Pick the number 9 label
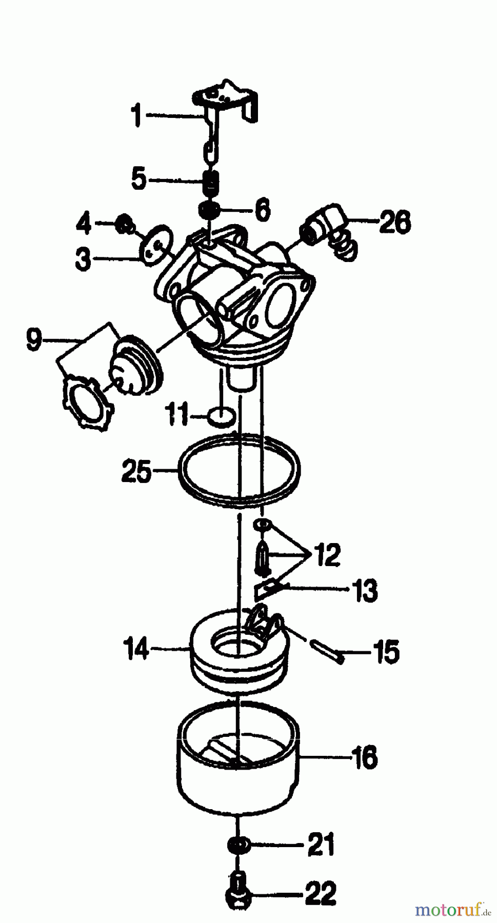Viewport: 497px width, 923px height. (x=33, y=340)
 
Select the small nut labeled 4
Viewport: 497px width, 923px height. (x=123, y=224)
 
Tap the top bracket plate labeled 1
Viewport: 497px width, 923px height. (x=226, y=97)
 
